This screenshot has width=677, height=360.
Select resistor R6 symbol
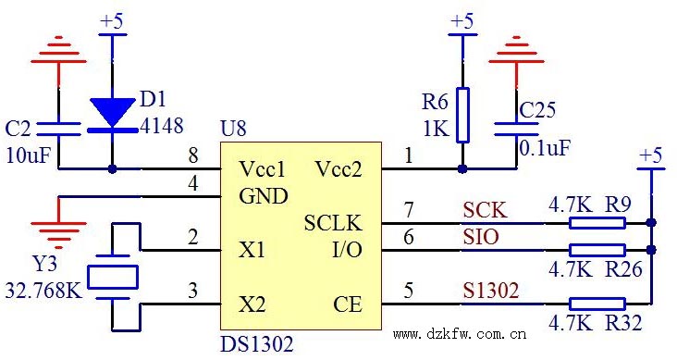pos(462,115)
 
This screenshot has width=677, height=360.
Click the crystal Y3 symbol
pos(112,277)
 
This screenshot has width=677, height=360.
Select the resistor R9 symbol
pos(597,222)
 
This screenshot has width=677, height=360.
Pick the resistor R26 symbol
pos(597,250)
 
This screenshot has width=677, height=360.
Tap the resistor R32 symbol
pos(597,303)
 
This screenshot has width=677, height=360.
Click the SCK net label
pos(485,209)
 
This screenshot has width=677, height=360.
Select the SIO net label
pos(481,238)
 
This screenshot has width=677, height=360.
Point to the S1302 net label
pos(490,291)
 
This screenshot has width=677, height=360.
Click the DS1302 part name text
pos(256,345)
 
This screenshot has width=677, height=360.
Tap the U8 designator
pos(233,130)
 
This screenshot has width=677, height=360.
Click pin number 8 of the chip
pos(192,155)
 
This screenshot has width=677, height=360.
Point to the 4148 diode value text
pos(161,125)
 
